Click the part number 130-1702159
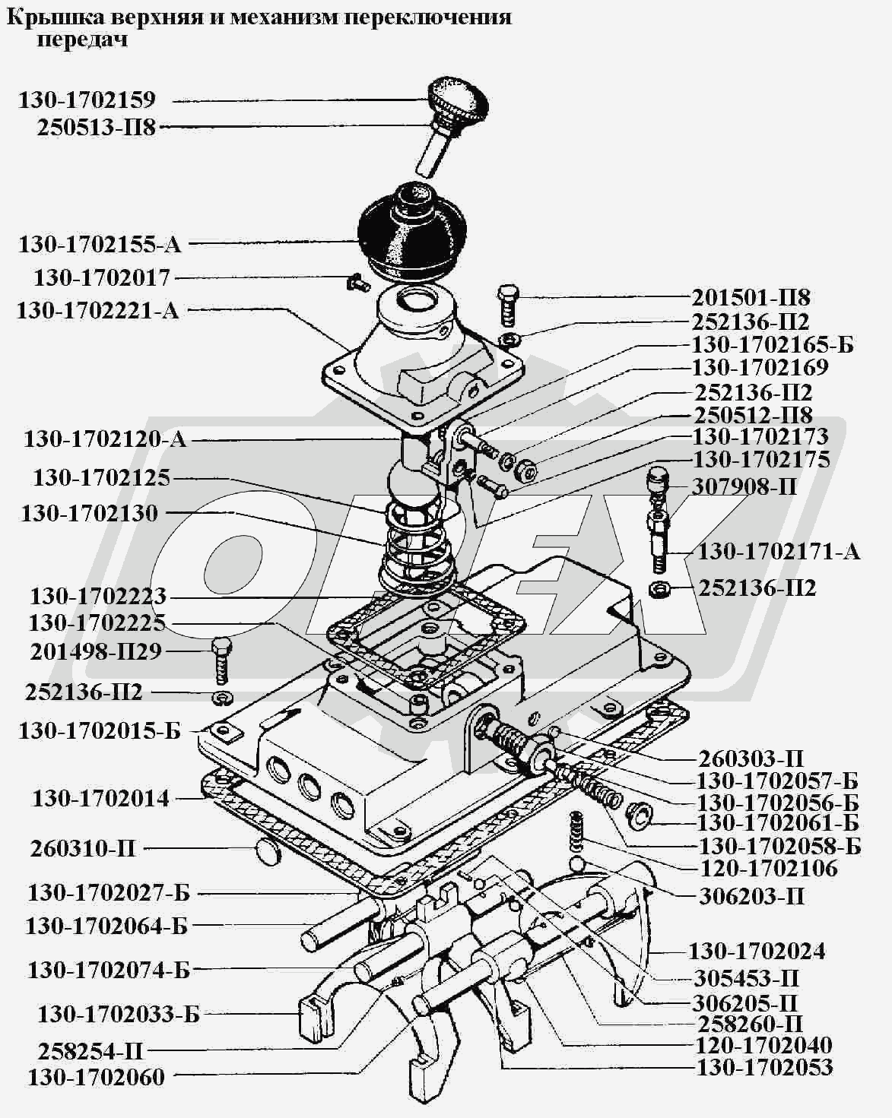point(87,100)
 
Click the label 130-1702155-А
point(100,245)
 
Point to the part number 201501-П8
point(751,296)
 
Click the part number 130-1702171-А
point(778,551)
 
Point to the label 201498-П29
point(96,651)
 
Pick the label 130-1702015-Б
point(100,730)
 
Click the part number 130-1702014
point(100,799)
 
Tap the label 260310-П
point(83,848)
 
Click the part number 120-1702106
point(768,869)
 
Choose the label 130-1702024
point(757,951)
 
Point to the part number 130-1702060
point(96,1077)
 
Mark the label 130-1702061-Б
point(778,823)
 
